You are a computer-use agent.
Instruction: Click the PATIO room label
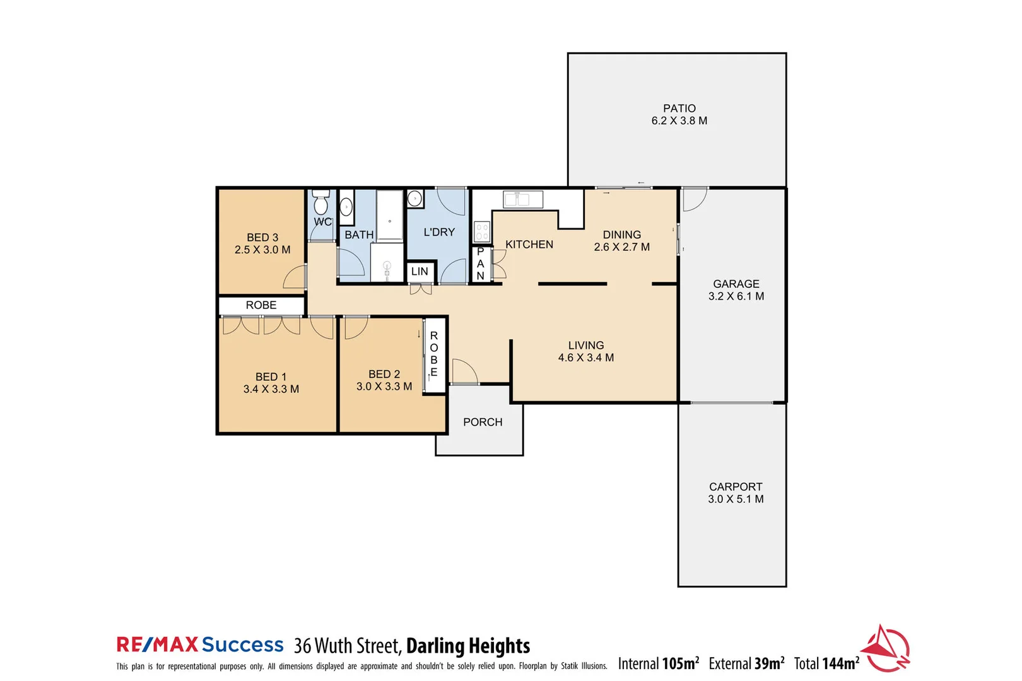click(x=679, y=108)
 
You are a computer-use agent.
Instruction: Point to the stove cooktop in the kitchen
click(x=482, y=231)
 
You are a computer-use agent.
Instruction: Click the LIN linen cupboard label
click(x=420, y=272)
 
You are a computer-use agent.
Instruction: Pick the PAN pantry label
click(x=481, y=264)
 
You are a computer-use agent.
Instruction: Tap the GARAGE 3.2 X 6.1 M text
click(x=736, y=290)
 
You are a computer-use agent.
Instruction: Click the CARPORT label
click(x=736, y=487)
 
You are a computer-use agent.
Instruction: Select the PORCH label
click(x=483, y=422)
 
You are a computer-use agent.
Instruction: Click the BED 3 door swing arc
click(x=294, y=277)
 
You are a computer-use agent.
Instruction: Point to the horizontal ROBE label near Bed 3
click(x=261, y=305)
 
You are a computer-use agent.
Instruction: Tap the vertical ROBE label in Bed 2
click(x=434, y=354)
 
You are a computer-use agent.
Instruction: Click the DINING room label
click(x=621, y=235)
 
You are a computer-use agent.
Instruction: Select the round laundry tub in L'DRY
click(x=414, y=199)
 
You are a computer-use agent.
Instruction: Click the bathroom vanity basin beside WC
click(x=346, y=207)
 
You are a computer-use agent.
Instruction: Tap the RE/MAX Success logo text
click(x=200, y=645)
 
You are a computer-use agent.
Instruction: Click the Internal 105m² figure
click(x=659, y=663)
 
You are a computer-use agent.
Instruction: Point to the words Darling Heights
click(x=467, y=646)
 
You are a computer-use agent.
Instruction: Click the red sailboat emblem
click(x=886, y=649)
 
